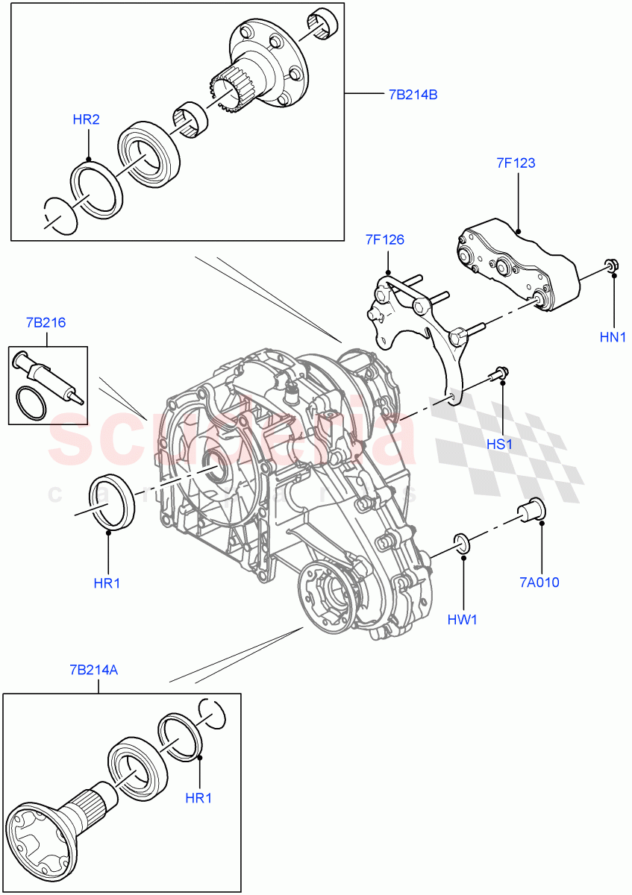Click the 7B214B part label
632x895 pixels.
[x=412, y=95]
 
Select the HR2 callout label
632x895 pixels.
[x=86, y=119]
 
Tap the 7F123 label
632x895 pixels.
[x=516, y=163]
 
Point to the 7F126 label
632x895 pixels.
[x=384, y=239]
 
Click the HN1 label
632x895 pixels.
[x=613, y=337]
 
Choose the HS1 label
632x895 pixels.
[x=499, y=445]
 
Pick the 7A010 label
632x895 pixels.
[x=540, y=582]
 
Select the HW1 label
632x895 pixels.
[x=463, y=619]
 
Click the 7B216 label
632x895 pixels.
[x=46, y=323]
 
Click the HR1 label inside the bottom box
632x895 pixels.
[x=198, y=797]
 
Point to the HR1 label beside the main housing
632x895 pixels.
[x=107, y=583]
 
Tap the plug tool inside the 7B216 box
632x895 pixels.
[x=49, y=372]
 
